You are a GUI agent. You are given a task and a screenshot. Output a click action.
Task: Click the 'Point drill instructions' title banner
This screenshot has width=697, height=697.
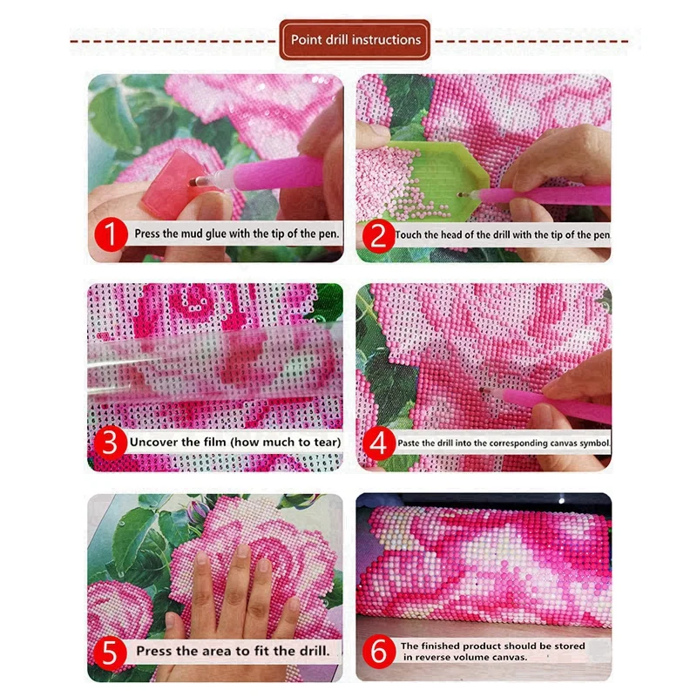click(x=355, y=40)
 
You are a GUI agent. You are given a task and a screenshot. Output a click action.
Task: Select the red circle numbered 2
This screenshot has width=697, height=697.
click(x=377, y=233)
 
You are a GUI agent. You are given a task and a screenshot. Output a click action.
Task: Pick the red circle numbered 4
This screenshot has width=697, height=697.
click(x=377, y=442)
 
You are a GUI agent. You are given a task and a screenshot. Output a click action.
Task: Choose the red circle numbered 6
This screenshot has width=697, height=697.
click(x=377, y=651)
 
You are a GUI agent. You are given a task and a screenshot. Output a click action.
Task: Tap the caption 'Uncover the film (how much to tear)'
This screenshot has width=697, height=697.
click(x=234, y=442)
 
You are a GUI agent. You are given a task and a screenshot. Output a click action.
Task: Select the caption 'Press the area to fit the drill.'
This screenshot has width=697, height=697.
click(x=233, y=651)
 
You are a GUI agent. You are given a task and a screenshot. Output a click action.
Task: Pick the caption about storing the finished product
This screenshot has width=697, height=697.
click(x=492, y=651)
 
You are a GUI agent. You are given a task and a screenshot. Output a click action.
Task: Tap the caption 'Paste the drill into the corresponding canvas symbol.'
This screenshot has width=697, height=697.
click(x=504, y=443)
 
